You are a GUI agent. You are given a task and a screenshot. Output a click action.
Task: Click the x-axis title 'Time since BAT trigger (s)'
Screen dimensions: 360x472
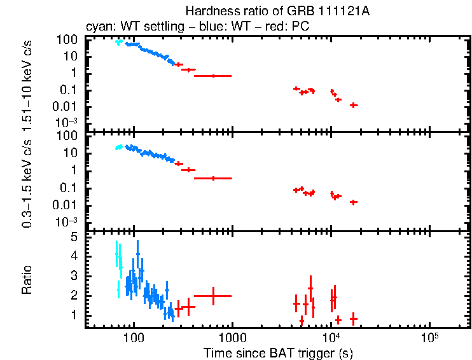(x=278, y=352)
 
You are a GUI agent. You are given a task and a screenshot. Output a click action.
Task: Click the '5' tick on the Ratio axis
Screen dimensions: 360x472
(x=73, y=237)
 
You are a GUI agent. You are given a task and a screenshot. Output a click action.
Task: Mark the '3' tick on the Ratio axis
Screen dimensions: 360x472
(x=73, y=276)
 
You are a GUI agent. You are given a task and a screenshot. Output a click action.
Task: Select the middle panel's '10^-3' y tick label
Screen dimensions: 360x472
(x=67, y=221)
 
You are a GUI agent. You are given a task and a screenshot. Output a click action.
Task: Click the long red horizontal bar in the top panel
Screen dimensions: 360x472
(x=213, y=76)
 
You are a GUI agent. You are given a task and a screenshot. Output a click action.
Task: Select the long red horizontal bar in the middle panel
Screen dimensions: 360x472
(x=213, y=178)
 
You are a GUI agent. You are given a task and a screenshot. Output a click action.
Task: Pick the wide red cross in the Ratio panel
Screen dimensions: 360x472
(x=213, y=296)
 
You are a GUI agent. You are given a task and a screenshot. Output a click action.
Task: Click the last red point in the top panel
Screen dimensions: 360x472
(x=354, y=105)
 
